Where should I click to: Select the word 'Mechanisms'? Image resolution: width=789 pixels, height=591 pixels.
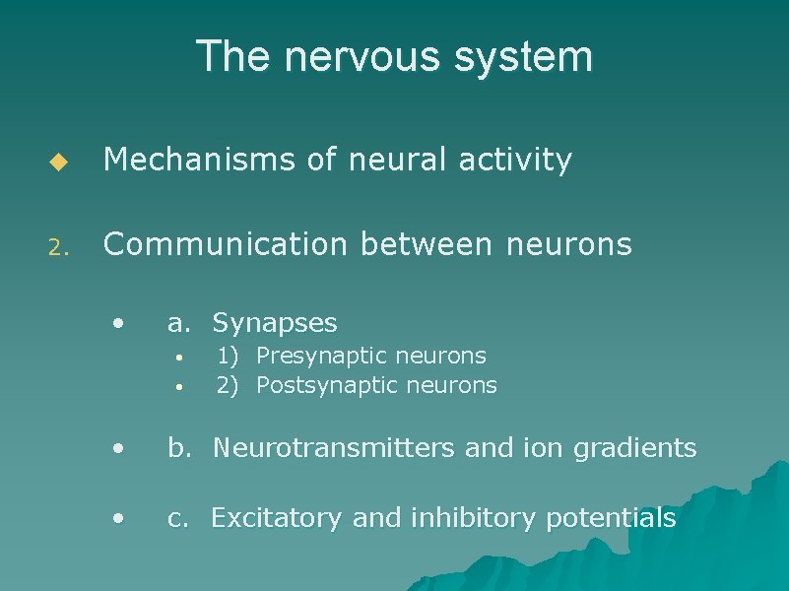coord(198,160)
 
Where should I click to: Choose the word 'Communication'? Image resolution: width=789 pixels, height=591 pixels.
coord(224,243)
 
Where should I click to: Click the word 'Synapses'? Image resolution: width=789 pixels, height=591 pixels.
coord(275,323)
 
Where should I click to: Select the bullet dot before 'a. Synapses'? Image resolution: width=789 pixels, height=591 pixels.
coord(118,322)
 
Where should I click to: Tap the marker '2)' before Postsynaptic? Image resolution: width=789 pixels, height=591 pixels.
coord(228,385)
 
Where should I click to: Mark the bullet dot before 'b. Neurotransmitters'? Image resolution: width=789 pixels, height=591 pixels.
coord(118,448)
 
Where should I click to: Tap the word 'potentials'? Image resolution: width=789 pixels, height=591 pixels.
coord(611,518)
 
